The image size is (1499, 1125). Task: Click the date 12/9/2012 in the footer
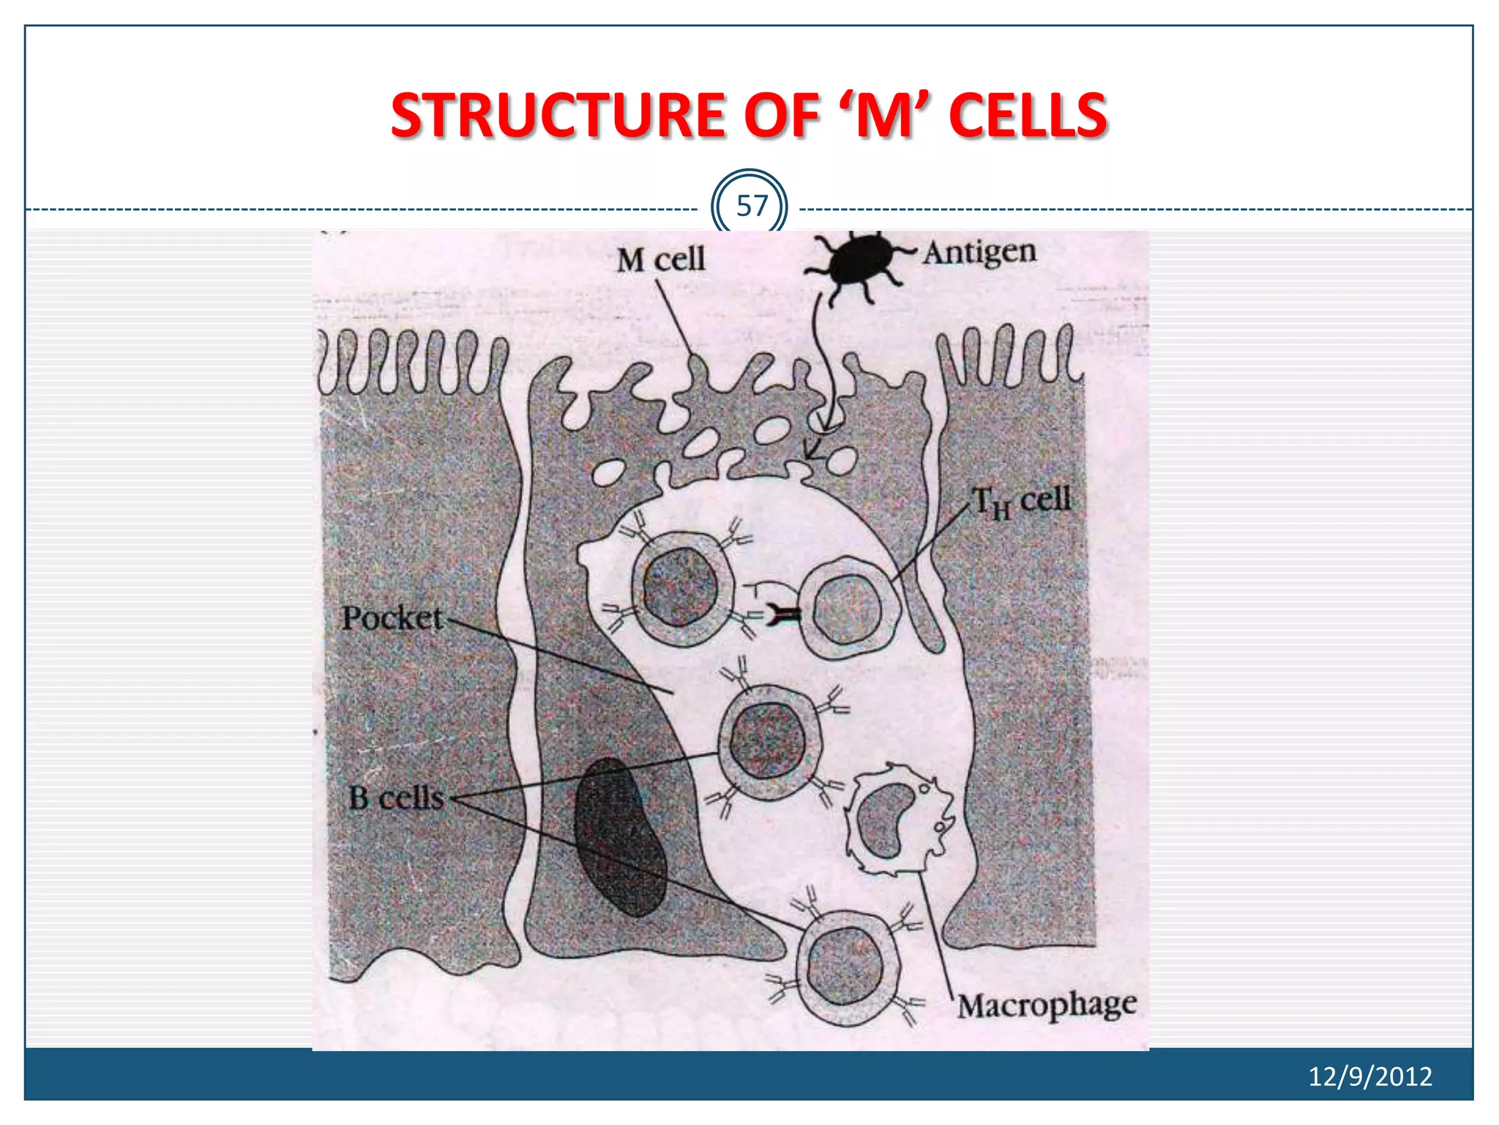pyautogui.click(x=1369, y=1076)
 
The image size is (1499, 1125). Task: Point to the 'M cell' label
pyautogui.click(x=660, y=259)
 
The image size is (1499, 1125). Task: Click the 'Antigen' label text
pyautogui.click(x=979, y=252)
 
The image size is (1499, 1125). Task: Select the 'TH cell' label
pyautogui.click(x=1021, y=502)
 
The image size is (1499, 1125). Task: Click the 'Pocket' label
pyautogui.click(x=392, y=618)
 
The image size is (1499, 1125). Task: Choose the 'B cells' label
pyautogui.click(x=396, y=798)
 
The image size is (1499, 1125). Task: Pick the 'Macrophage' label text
pyautogui.click(x=1047, y=1006)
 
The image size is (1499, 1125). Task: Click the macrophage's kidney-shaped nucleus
pyautogui.click(x=886, y=820)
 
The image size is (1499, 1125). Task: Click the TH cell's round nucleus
pyautogui.click(x=845, y=608)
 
